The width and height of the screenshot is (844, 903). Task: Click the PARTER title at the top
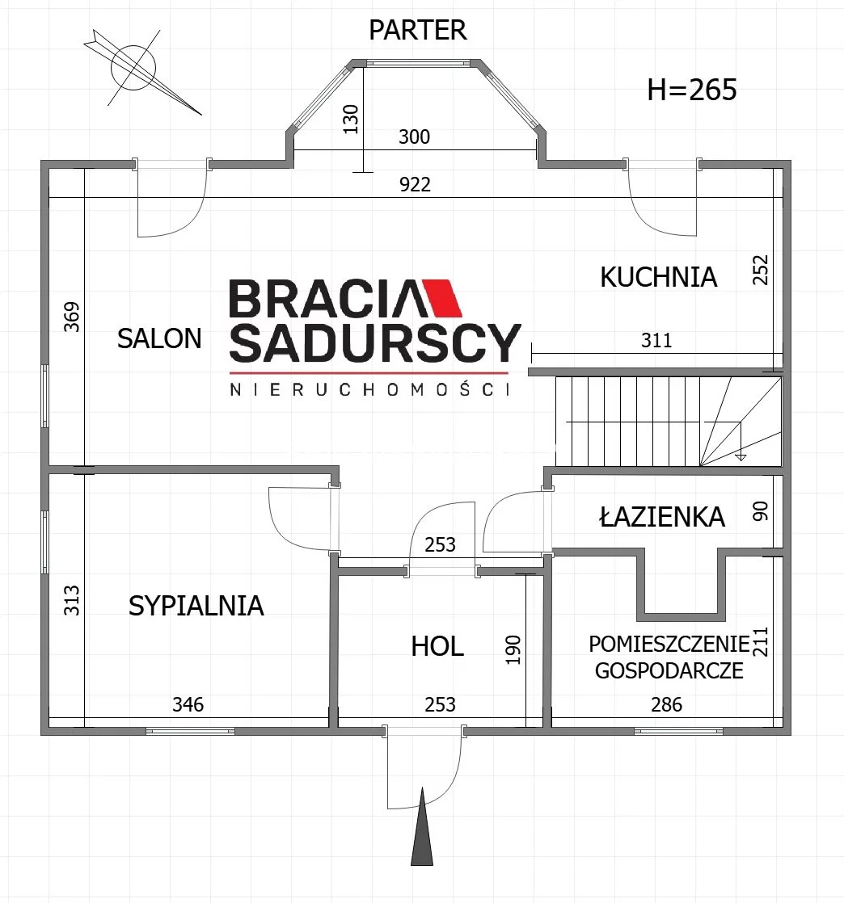417,30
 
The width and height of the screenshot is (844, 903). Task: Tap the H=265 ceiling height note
692,90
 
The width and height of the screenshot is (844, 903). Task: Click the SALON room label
159,338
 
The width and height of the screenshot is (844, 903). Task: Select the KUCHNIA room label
658,277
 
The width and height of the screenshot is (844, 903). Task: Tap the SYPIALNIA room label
196,606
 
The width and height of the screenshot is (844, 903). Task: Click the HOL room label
437,647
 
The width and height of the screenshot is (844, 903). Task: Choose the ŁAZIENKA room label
662,516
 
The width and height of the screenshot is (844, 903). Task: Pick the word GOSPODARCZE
669,671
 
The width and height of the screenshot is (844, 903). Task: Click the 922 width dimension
415,184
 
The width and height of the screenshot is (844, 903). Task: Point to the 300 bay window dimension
415,136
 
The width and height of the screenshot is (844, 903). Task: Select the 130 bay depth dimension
351,120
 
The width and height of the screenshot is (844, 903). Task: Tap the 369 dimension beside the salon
71,317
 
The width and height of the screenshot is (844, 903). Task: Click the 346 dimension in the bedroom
188,704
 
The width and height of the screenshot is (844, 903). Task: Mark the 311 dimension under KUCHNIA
656,340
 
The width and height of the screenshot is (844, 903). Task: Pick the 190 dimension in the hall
513,649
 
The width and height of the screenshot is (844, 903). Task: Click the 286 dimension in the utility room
666,704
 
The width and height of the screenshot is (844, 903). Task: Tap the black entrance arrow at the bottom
422,826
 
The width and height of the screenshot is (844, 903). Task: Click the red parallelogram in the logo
441,298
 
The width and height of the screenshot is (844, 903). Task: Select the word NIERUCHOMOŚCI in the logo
370,389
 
